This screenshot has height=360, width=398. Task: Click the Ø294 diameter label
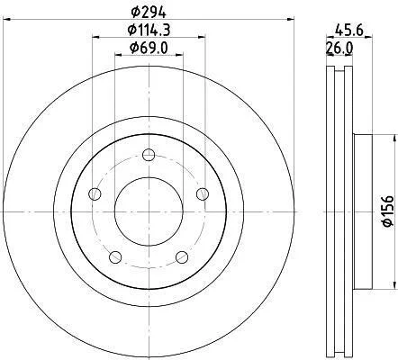point(149,12)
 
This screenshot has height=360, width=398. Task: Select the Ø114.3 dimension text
point(149,30)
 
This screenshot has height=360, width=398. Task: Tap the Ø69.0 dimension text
point(149,48)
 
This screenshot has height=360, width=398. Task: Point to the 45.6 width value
point(349,30)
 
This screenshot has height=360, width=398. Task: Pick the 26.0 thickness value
point(339,48)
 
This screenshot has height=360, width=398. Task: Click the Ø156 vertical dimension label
point(388,211)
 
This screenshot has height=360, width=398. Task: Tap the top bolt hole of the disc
point(149,155)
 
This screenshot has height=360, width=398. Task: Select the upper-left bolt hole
point(95,193)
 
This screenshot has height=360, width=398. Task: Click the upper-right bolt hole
point(203,193)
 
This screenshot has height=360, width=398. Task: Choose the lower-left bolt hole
point(115,257)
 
